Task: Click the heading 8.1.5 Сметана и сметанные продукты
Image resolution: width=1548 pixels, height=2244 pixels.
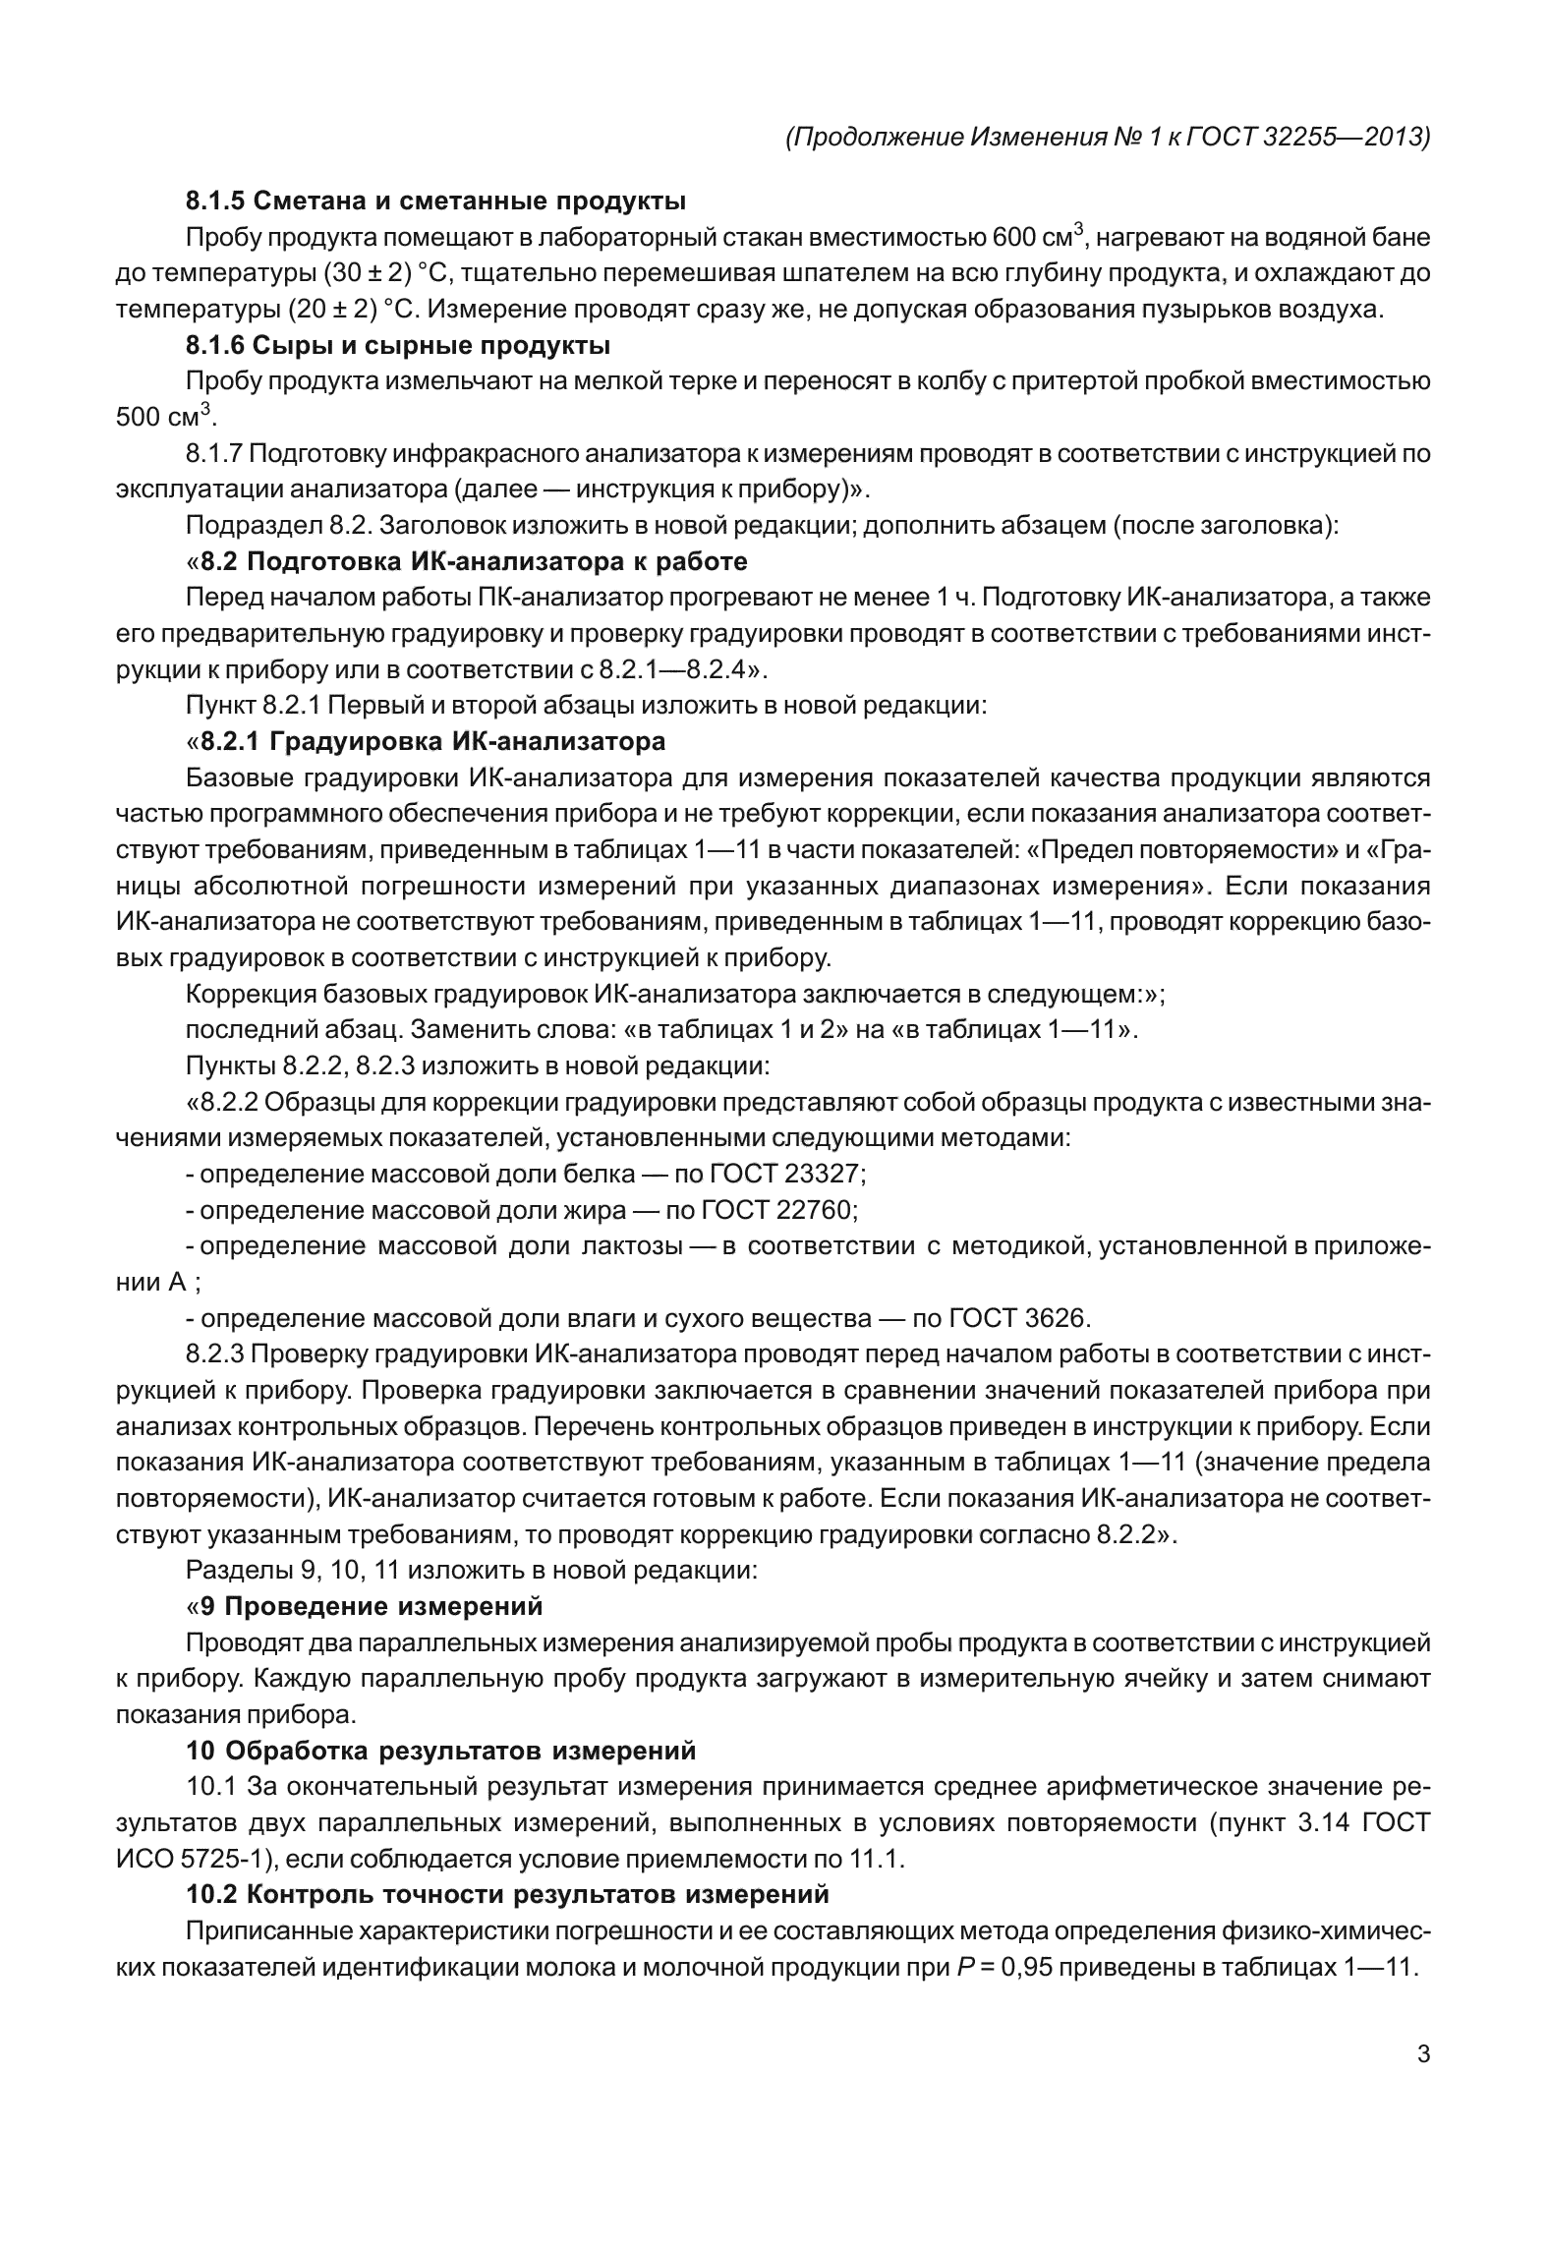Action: (x=435, y=201)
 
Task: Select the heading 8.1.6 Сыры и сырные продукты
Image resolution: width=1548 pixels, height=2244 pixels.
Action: (x=398, y=346)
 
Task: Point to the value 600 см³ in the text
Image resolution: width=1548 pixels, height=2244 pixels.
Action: (x=1035, y=238)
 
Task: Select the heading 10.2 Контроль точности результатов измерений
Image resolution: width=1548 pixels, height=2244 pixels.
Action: (x=507, y=1894)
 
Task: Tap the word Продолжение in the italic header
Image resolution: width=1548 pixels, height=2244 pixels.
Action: (x=878, y=137)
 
